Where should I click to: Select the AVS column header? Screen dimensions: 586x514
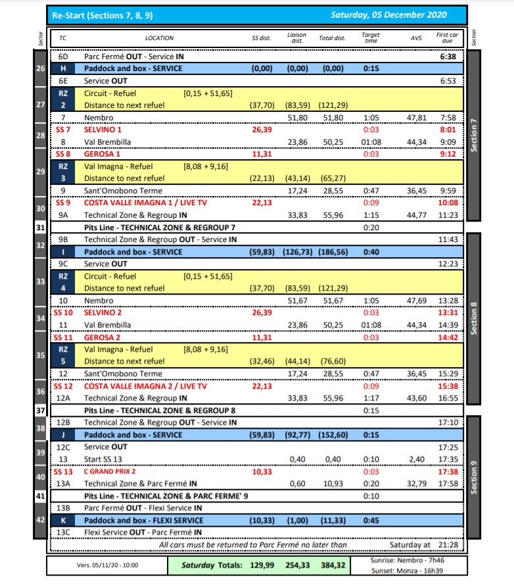416,38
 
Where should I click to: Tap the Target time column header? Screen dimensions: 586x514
370,38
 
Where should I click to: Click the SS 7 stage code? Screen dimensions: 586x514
63,130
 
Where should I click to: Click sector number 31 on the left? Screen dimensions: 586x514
41,227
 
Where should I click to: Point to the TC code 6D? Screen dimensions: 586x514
64,57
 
